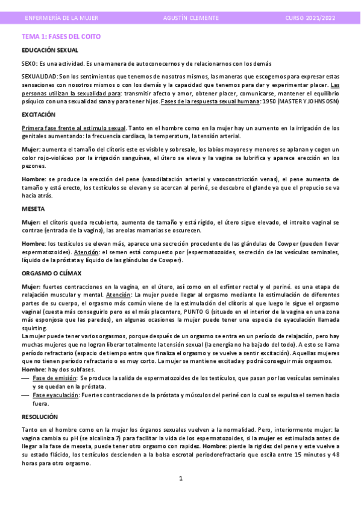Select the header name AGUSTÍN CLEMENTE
191,18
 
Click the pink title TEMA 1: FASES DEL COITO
61,36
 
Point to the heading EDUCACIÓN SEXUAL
49,50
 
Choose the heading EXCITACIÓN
38,114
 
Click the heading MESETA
33,208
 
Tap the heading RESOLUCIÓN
40,417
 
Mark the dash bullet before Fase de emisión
25,378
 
